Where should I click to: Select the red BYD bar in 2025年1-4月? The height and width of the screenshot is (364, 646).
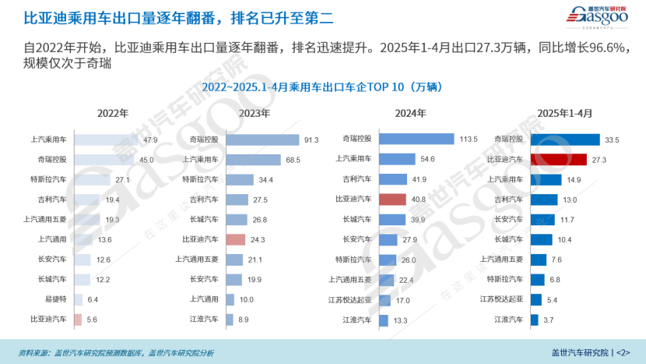point(558,160)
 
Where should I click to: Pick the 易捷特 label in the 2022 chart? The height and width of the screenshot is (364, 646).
point(54,299)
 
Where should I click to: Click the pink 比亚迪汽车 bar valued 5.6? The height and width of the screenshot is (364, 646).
point(78,319)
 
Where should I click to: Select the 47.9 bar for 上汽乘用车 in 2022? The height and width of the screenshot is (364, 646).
point(107,140)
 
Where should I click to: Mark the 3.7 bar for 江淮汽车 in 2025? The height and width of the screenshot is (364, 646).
point(534,319)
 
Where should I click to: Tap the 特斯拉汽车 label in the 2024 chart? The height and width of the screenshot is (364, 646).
point(353,260)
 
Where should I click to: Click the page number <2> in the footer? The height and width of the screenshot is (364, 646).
point(623,352)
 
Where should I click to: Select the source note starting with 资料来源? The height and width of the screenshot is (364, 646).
point(117,352)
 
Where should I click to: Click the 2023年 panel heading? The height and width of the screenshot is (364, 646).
point(255,113)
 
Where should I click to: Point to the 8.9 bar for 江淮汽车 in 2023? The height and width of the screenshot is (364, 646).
point(230,319)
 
